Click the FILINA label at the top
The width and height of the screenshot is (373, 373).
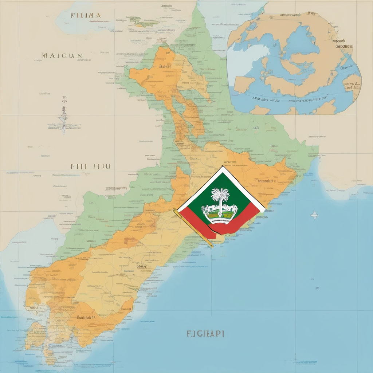click(x=86, y=16)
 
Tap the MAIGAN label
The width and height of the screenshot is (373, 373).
click(x=62, y=56)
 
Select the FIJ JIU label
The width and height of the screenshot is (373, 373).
click(x=91, y=166)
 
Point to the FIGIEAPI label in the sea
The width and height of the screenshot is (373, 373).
click(x=205, y=333)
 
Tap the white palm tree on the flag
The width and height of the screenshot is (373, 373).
click(x=221, y=197)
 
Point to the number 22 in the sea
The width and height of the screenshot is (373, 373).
click(x=317, y=288)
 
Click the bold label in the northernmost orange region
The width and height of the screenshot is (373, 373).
click(x=165, y=67)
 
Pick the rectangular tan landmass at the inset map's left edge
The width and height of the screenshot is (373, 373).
click(x=244, y=84)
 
